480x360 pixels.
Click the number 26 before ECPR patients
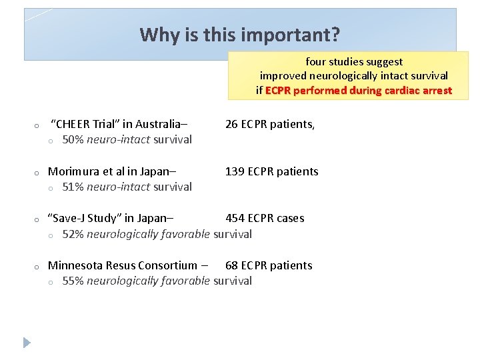pos(232,124)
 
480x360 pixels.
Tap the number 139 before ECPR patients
pos(235,171)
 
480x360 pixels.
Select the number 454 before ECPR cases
pos(235,218)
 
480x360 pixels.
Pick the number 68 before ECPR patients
pos(232,265)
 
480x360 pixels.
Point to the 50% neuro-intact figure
pos(73,139)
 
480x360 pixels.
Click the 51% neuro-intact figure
pos(73,187)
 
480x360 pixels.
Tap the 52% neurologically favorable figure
pos(73,234)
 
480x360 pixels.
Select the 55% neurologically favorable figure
pos(73,281)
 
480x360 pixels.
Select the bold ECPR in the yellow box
pos(278,91)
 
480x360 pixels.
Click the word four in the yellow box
pos(317,62)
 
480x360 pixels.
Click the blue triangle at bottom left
pos(27,343)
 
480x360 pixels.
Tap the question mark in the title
pos(335,34)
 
